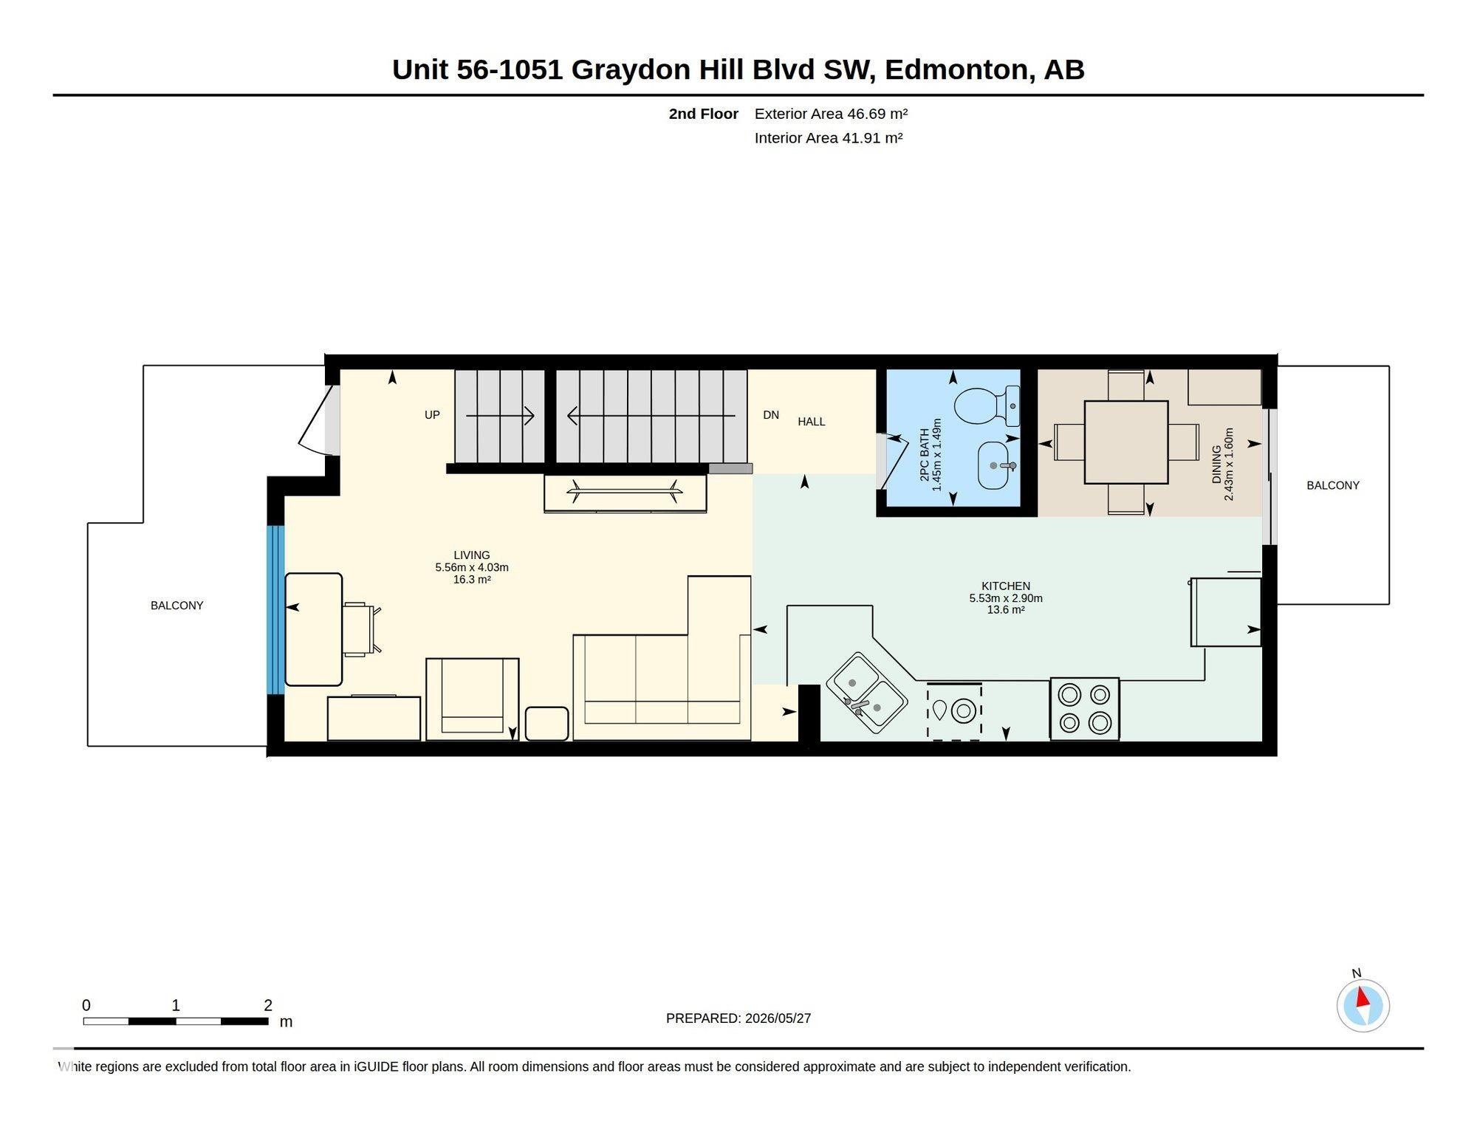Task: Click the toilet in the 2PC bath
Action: pyautogui.click(x=987, y=406)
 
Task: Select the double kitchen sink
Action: pyautogui.click(x=866, y=693)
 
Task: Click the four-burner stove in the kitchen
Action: pyautogui.click(x=1085, y=709)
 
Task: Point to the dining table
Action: pyautogui.click(x=1126, y=442)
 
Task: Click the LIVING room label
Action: pyautogui.click(x=472, y=555)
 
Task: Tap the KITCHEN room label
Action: pyautogui.click(x=1006, y=586)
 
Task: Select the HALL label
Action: pyautogui.click(x=812, y=422)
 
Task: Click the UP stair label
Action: pyautogui.click(x=432, y=415)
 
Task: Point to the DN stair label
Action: pyautogui.click(x=771, y=415)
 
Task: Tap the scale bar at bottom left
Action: pyautogui.click(x=176, y=1021)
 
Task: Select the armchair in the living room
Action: pyautogui.click(x=473, y=699)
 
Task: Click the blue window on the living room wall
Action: pyautogui.click(x=275, y=610)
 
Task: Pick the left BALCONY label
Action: pyautogui.click(x=177, y=606)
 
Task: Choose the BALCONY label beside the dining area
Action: pyautogui.click(x=1333, y=485)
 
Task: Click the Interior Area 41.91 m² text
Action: pyautogui.click(x=829, y=138)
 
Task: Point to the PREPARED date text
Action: pyautogui.click(x=738, y=1018)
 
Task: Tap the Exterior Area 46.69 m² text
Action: pyautogui.click(x=831, y=114)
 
